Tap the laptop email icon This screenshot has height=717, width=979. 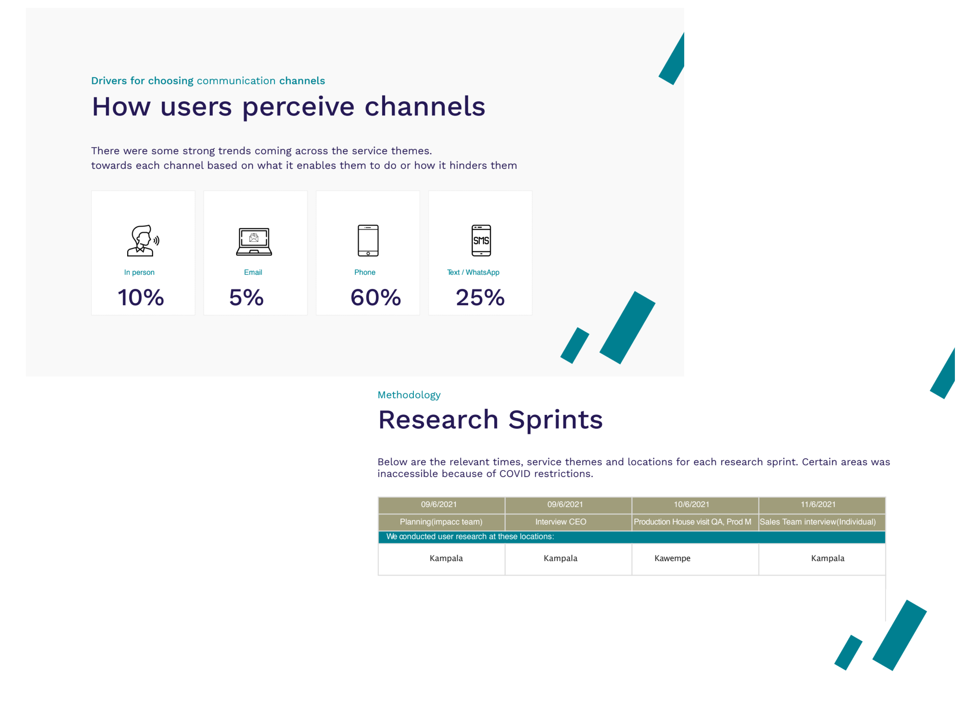(x=254, y=241)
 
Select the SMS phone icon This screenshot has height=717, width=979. (x=481, y=240)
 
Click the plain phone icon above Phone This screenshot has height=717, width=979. (x=368, y=240)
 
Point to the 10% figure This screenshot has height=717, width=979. (x=141, y=298)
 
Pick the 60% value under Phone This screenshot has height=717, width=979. (x=376, y=298)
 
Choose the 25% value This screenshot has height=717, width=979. (x=480, y=298)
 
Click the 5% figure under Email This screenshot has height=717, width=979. (x=246, y=298)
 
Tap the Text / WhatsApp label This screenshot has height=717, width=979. (x=473, y=272)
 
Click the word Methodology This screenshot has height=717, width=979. (x=409, y=395)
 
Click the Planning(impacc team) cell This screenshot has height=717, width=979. (x=441, y=522)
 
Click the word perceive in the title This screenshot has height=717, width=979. (x=298, y=107)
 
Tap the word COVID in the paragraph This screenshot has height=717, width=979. (x=515, y=474)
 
